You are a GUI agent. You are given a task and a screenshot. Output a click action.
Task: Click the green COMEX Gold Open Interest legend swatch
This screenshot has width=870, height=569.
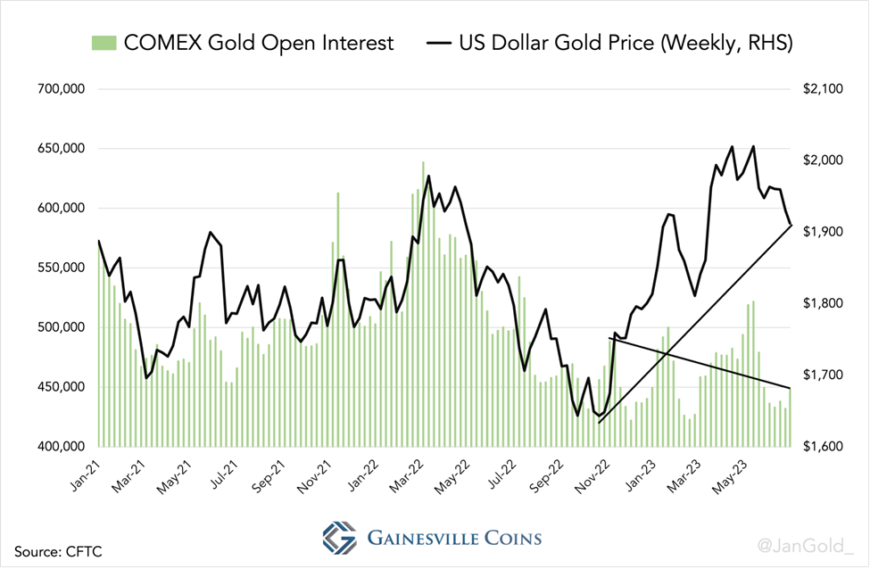(x=104, y=42)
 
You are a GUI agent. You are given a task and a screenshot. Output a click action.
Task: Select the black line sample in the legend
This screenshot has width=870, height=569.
(x=438, y=42)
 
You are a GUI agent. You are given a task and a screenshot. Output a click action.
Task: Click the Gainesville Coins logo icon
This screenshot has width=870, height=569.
(x=338, y=538)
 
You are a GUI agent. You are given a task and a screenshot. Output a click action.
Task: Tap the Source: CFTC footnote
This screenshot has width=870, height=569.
(x=57, y=551)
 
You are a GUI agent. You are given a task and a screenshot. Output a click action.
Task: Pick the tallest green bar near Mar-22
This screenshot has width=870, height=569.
(x=423, y=303)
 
